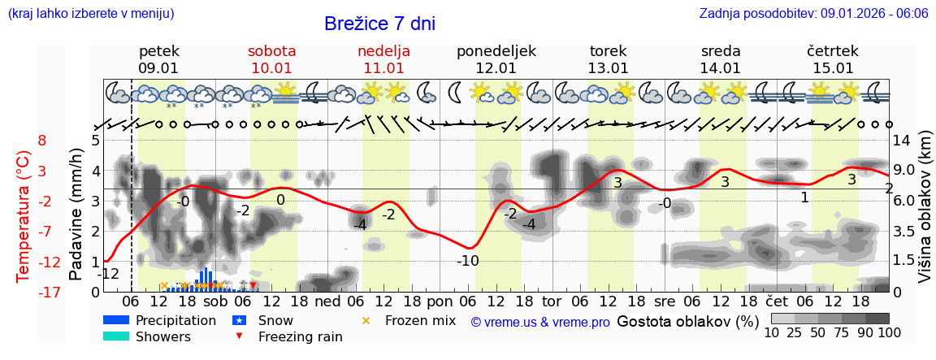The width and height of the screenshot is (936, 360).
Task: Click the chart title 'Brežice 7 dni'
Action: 379,24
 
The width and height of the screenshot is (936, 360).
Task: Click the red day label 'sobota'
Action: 271,51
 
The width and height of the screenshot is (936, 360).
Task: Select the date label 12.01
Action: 496,68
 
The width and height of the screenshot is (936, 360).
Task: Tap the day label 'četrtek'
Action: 832,51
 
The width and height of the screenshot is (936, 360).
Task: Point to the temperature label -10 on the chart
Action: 467,261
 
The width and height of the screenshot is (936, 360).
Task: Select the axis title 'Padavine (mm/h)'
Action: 76,214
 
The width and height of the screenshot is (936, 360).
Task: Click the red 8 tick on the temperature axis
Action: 42,141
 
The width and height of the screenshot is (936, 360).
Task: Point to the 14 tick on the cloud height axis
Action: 903,141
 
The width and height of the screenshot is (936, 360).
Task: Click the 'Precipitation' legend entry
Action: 175,320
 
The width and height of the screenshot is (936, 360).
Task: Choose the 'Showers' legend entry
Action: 162,336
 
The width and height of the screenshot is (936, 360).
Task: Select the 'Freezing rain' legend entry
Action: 300,336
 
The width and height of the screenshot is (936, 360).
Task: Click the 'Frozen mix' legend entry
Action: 420,320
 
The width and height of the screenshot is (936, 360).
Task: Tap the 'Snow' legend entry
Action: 274,320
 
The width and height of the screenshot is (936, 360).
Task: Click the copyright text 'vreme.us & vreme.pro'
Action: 540,322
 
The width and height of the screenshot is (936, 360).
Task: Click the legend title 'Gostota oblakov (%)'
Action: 687,321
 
